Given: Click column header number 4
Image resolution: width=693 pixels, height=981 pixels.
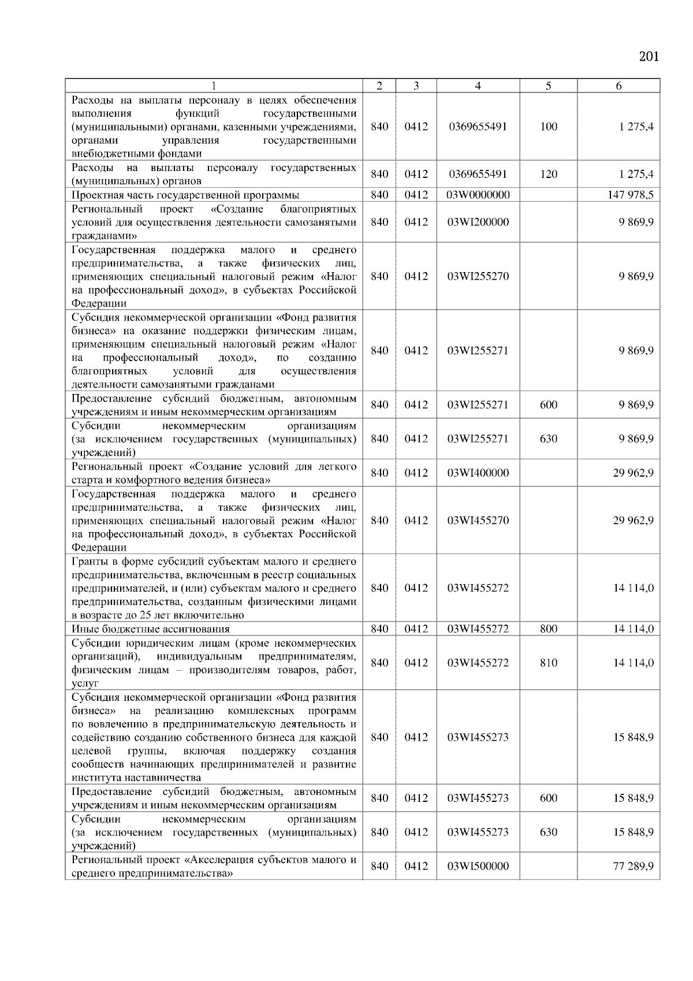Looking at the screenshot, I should coord(478,86).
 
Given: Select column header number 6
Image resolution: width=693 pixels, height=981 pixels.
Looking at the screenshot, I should coord(619,86).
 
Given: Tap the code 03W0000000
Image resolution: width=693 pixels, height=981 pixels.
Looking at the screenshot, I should coord(478,195).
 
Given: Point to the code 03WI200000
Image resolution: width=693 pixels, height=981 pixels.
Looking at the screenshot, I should coord(478,222).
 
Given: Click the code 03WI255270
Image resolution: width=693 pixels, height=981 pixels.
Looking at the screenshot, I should coord(478,276).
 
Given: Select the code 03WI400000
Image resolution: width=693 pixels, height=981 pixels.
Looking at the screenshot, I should coord(478,473).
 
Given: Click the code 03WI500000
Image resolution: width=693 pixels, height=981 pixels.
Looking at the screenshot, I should coord(478,866).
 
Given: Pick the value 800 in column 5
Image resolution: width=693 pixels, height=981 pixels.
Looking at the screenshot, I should coord(548,629).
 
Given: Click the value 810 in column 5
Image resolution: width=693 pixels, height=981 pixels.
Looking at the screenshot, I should coord(548,663).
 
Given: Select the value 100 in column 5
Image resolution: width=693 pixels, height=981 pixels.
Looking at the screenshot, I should coord(548,127).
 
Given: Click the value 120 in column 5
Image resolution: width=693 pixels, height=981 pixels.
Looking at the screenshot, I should coord(548,174).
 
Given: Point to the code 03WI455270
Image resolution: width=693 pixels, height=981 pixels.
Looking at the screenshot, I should coord(478,521).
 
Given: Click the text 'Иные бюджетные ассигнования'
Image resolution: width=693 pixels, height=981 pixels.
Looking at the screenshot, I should coord(150,629).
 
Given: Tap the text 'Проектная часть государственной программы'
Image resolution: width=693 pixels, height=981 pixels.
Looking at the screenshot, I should coord(185,195).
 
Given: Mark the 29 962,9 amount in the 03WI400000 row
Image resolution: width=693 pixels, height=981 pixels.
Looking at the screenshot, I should coord(633,473).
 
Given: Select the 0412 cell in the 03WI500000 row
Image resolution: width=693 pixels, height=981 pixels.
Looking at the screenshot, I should coord(416,866).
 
